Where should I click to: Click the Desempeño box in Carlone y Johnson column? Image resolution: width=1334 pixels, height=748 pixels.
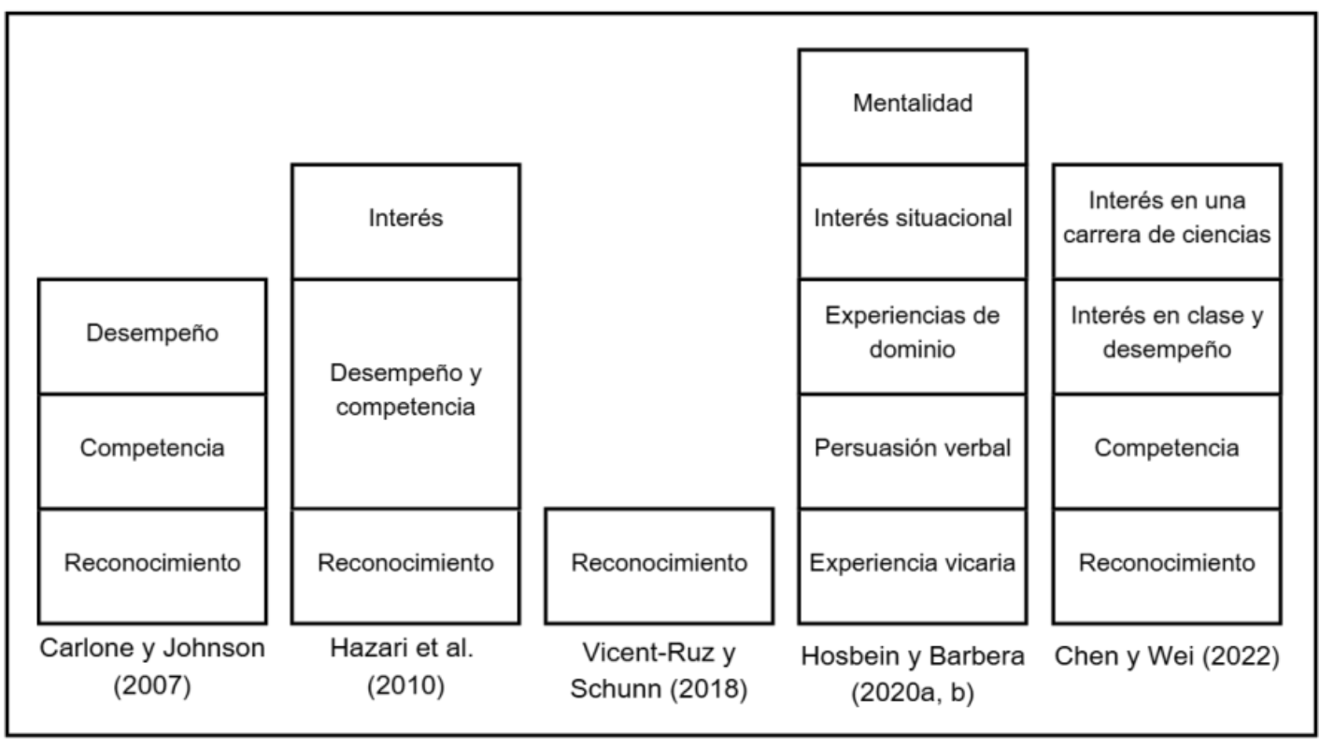(152, 336)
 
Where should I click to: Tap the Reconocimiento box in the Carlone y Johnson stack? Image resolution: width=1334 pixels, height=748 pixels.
(152, 566)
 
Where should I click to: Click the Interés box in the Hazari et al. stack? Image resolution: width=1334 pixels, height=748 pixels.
(405, 221)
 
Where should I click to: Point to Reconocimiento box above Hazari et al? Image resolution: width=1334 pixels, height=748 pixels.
(405, 566)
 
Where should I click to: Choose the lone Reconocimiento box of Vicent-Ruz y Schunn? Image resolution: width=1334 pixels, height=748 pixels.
(660, 566)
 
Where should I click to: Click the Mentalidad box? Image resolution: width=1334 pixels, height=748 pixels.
(912, 106)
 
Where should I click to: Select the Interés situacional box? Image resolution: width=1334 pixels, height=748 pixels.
(912, 221)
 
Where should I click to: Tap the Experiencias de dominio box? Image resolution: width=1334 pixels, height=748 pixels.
(912, 336)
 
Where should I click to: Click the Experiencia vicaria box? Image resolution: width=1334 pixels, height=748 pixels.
(912, 566)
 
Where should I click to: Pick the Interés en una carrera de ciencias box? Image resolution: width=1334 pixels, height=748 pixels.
(1167, 221)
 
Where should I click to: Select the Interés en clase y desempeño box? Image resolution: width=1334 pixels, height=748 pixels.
(1167, 336)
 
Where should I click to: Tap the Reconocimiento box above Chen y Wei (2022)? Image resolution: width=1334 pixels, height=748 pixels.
(1167, 566)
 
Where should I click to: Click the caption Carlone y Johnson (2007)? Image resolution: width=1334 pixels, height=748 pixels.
(152, 668)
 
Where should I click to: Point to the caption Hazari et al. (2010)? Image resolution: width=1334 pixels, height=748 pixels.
(405, 668)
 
